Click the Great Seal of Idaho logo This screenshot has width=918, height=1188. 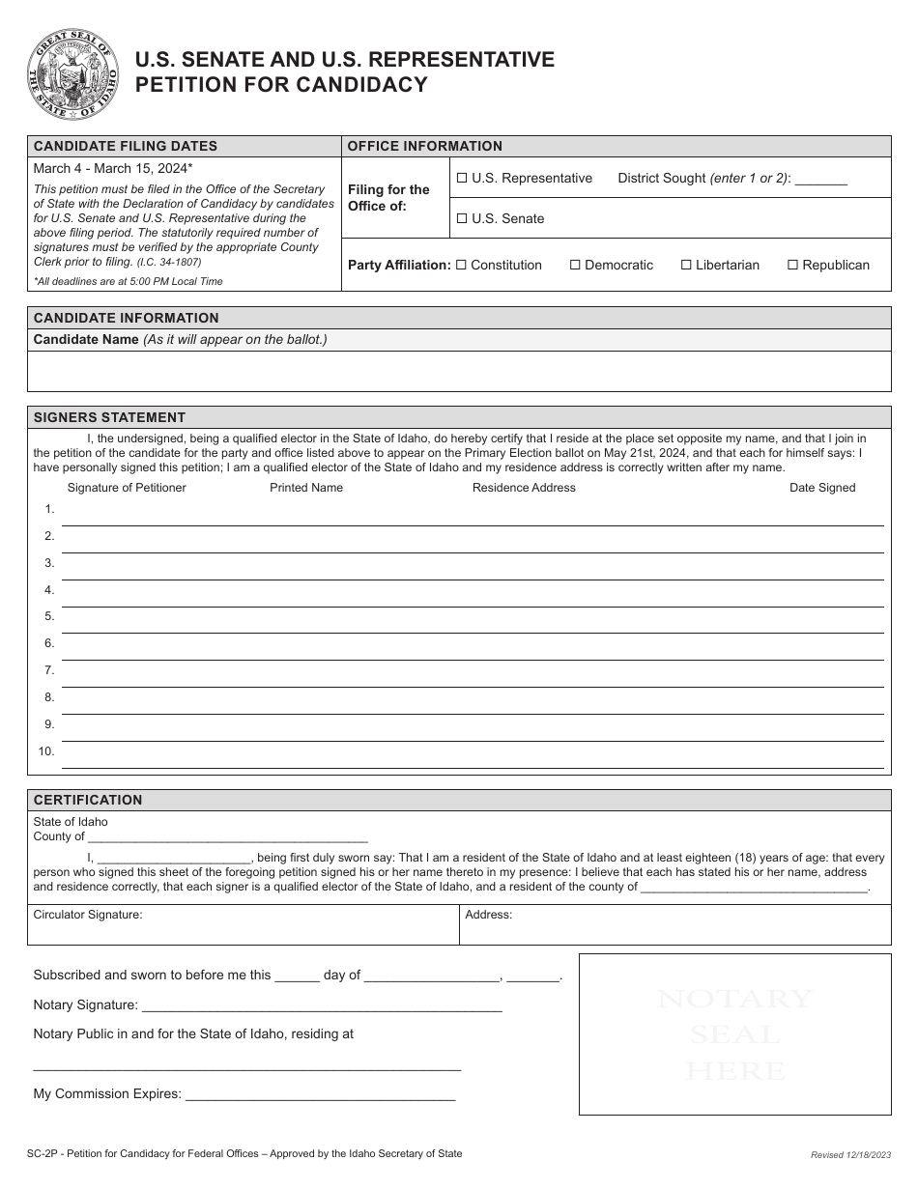click(73, 74)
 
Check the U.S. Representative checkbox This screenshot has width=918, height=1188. click(461, 179)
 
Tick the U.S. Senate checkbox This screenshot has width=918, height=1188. click(461, 219)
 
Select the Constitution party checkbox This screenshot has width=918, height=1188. click(461, 266)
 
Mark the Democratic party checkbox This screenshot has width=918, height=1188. click(575, 266)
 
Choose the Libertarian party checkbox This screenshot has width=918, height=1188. click(686, 266)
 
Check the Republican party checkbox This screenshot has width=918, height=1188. click(792, 266)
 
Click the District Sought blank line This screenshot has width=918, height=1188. click(820, 182)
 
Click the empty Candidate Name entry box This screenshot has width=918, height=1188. click(459, 371)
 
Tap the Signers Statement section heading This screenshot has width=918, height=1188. click(109, 417)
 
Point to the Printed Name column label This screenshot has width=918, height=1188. click(306, 488)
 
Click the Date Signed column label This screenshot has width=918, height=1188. click(822, 488)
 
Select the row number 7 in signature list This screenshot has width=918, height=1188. click(49, 670)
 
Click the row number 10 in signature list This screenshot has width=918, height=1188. click(46, 751)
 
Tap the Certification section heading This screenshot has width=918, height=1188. click(88, 800)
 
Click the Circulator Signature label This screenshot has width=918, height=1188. click(88, 915)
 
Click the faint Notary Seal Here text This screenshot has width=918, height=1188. click(735, 1034)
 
